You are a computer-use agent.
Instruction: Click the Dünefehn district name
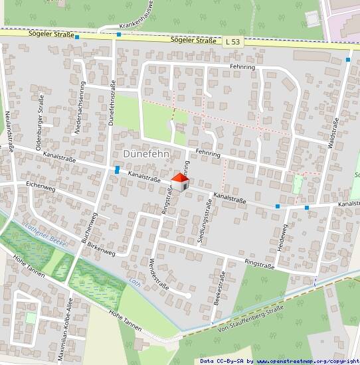coord(147,154)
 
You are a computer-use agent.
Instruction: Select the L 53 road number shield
coord(232,41)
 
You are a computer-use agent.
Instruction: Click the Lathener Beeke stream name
coord(46,234)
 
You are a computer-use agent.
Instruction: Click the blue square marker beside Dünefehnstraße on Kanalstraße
coord(117,170)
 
